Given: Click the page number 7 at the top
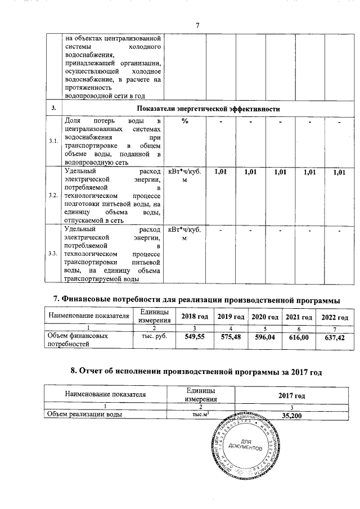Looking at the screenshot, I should [x=197, y=25].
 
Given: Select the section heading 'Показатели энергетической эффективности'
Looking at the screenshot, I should [x=208, y=108].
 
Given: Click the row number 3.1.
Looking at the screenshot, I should [x=54, y=141].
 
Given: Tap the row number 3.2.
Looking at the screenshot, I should [x=54, y=195].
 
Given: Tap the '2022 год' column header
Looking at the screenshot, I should [x=335, y=318].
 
